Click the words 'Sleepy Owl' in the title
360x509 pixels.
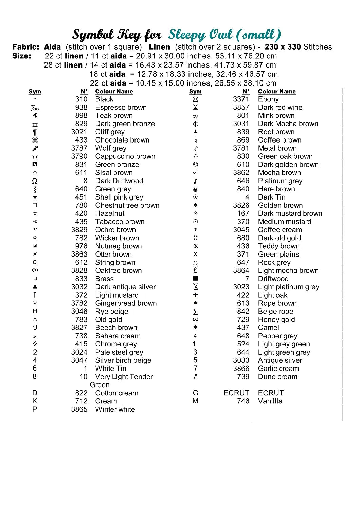[x=200, y=35]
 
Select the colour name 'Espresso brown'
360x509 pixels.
[x=121, y=108]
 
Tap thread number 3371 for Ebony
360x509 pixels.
[x=241, y=99]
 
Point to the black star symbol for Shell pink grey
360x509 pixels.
[x=35, y=197]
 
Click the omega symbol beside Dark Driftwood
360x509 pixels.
[x=35, y=181]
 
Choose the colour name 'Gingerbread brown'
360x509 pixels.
[x=126, y=303]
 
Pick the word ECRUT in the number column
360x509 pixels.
[x=236, y=393]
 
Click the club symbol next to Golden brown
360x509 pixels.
[x=195, y=205]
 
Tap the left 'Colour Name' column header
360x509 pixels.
[x=114, y=92]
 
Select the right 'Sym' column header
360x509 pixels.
[x=195, y=92]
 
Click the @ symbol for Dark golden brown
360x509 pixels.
[x=195, y=165]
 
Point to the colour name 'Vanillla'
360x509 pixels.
[x=270, y=401]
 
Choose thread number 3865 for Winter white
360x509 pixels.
[x=79, y=409]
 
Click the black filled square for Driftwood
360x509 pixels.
[x=195, y=279]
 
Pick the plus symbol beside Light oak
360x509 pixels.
[x=195, y=295]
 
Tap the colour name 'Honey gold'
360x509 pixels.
[x=276, y=320]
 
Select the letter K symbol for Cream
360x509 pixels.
[x=35, y=401]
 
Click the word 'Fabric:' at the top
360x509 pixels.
[x=26, y=47]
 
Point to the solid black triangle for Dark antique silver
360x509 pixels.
[x=35, y=287]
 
